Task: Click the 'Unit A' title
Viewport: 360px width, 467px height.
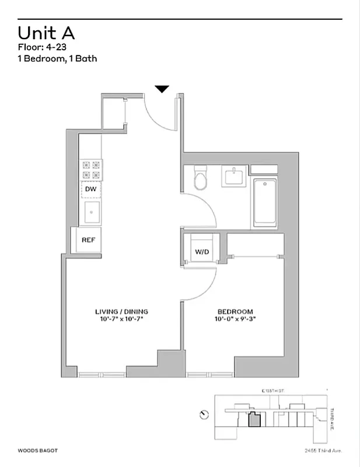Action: (46, 33)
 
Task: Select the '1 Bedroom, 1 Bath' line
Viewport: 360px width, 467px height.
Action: (57, 58)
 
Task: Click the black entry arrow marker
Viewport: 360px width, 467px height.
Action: (162, 89)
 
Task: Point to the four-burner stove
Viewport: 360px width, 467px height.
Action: (92, 170)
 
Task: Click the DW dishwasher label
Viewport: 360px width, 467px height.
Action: (90, 189)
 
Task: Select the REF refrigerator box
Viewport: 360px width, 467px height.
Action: (88, 240)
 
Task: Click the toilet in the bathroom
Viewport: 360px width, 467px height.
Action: (200, 178)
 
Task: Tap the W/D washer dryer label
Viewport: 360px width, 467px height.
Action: (202, 252)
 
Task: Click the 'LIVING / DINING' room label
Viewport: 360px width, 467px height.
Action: (121, 311)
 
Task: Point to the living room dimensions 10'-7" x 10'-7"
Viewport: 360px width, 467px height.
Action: (121, 319)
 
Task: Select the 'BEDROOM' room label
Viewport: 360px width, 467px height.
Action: (235, 311)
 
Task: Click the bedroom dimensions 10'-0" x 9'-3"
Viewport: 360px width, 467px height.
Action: (235, 319)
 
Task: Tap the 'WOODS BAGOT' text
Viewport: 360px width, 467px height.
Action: (38, 450)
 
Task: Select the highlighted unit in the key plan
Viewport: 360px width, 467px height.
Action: (254, 420)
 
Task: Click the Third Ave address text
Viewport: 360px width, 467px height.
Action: (323, 450)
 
